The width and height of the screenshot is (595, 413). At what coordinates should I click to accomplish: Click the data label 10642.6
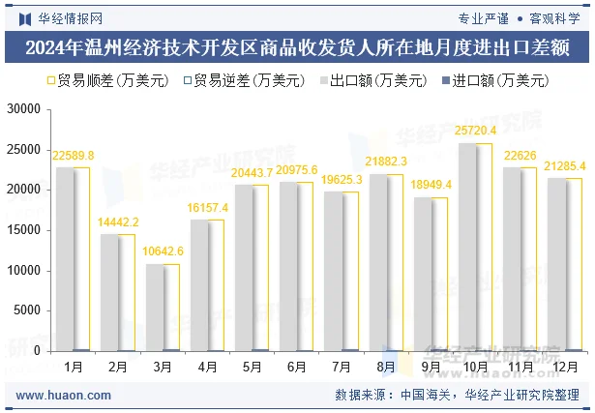coord(164,251)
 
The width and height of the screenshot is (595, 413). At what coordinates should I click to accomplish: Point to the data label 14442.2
coord(118,221)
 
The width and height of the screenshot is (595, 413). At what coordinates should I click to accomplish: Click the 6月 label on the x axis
coord(296,368)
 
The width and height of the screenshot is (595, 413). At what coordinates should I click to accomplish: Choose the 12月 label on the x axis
coord(567,368)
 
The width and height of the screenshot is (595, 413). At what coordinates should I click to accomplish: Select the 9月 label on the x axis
coord(431,368)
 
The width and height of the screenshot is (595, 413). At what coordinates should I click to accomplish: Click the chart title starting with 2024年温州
coord(297,47)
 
